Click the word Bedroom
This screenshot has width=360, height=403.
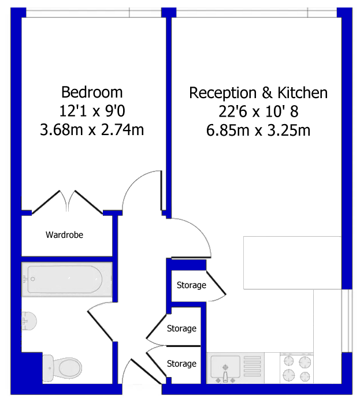click(x=92, y=92)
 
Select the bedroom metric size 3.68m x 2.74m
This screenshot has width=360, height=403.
click(x=92, y=130)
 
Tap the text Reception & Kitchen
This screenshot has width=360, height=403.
click(x=258, y=92)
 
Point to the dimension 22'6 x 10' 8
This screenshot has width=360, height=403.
click(x=258, y=111)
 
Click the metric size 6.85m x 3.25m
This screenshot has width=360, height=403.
click(x=258, y=130)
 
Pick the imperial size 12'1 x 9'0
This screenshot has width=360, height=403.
click(x=92, y=111)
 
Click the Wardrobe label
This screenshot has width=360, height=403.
click(x=65, y=235)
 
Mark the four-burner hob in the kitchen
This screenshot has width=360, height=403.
click(x=296, y=368)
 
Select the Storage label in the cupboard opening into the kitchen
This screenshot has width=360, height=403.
click(x=191, y=285)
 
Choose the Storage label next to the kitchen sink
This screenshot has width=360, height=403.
click(x=181, y=364)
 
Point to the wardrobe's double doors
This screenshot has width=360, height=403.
click(x=68, y=203)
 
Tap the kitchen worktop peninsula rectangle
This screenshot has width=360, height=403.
click(x=292, y=263)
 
